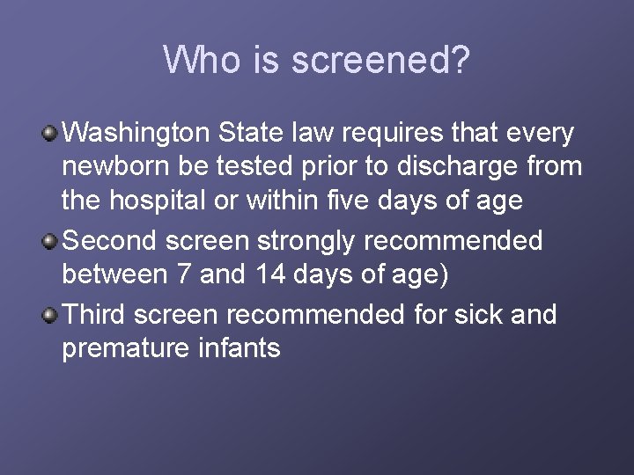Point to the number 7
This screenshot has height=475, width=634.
pos(182,274)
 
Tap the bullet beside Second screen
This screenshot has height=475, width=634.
pos(51,240)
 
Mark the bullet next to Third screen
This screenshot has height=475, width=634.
pos(51,314)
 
